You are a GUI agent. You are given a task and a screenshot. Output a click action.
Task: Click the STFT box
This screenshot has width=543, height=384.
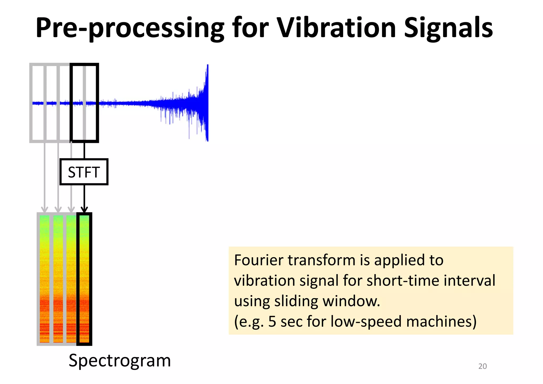(x=84, y=172)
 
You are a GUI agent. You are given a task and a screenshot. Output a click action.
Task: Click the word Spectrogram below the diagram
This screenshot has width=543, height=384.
(x=120, y=361)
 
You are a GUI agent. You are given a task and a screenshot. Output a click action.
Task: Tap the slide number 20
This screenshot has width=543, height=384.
(x=482, y=366)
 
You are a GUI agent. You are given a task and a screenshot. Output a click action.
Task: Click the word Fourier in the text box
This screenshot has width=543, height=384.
(x=259, y=260)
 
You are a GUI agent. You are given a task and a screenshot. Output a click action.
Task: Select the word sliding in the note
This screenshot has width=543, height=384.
(x=296, y=302)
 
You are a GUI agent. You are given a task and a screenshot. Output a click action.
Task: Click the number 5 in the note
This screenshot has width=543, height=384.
(x=272, y=322)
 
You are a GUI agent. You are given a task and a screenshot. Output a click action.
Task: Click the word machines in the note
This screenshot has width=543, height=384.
(x=441, y=322)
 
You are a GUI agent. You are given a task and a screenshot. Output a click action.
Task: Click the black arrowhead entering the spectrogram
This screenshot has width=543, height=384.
(x=84, y=210)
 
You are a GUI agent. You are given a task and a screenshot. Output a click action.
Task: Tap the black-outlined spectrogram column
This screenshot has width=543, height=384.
(x=84, y=278)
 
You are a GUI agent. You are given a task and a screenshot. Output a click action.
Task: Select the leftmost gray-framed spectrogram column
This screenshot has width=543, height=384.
(x=45, y=278)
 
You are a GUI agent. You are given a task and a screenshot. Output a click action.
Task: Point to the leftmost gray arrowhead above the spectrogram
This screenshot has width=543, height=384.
(x=45, y=210)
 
